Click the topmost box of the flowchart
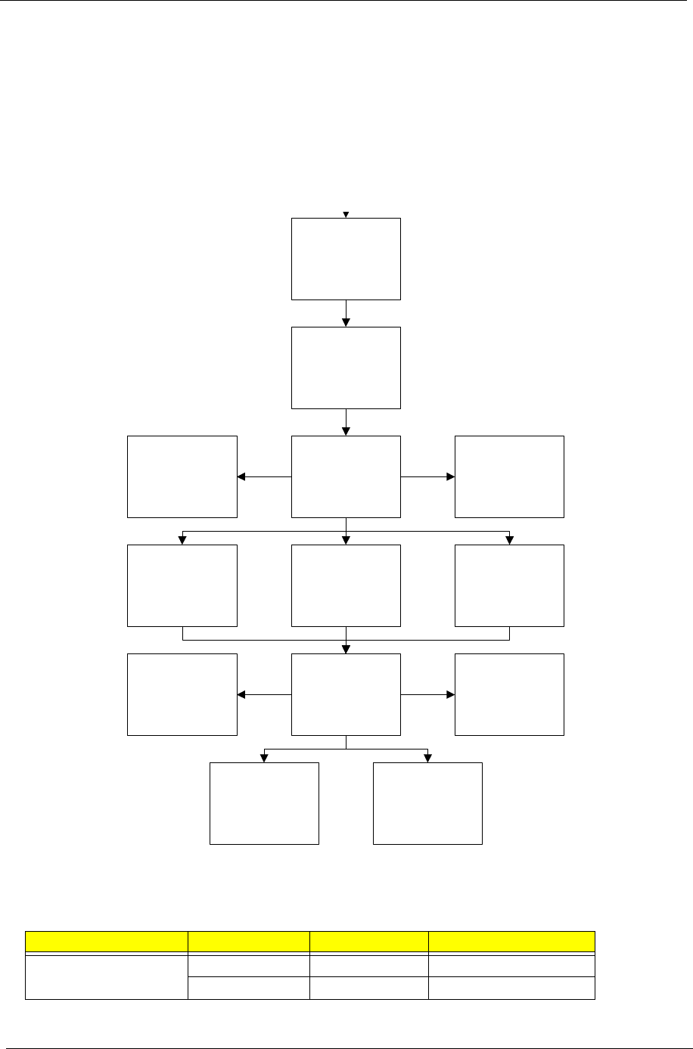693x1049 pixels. pyautogui.click(x=346, y=259)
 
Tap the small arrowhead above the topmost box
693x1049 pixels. pyautogui.click(x=346, y=214)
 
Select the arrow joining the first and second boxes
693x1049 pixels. pyautogui.click(x=346, y=313)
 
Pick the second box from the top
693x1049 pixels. pyautogui.click(x=346, y=368)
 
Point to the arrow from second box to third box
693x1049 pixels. pyautogui.click(x=346, y=422)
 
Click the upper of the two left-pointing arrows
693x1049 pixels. pyautogui.click(x=264, y=477)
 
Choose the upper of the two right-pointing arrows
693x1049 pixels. pyautogui.click(x=427, y=477)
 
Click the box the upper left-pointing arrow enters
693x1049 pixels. pyautogui.click(x=182, y=476)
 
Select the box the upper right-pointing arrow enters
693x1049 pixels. pyautogui.click(x=509, y=476)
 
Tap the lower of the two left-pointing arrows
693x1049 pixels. pyautogui.click(x=264, y=694)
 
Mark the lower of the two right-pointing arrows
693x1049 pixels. pyautogui.click(x=427, y=694)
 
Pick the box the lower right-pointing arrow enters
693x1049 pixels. pyautogui.click(x=509, y=694)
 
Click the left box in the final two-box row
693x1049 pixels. pyautogui.click(x=264, y=803)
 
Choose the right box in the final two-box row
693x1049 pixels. pyautogui.click(x=427, y=803)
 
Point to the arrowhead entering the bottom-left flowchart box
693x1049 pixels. pyautogui.click(x=264, y=757)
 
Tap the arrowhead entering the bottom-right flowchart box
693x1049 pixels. pyautogui.click(x=427, y=757)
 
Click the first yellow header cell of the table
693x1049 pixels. pyautogui.click(x=107, y=941)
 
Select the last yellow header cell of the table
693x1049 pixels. pyautogui.click(x=511, y=941)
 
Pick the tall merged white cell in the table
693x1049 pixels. pyautogui.click(x=107, y=976)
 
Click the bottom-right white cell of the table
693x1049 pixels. pyautogui.click(x=511, y=988)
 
